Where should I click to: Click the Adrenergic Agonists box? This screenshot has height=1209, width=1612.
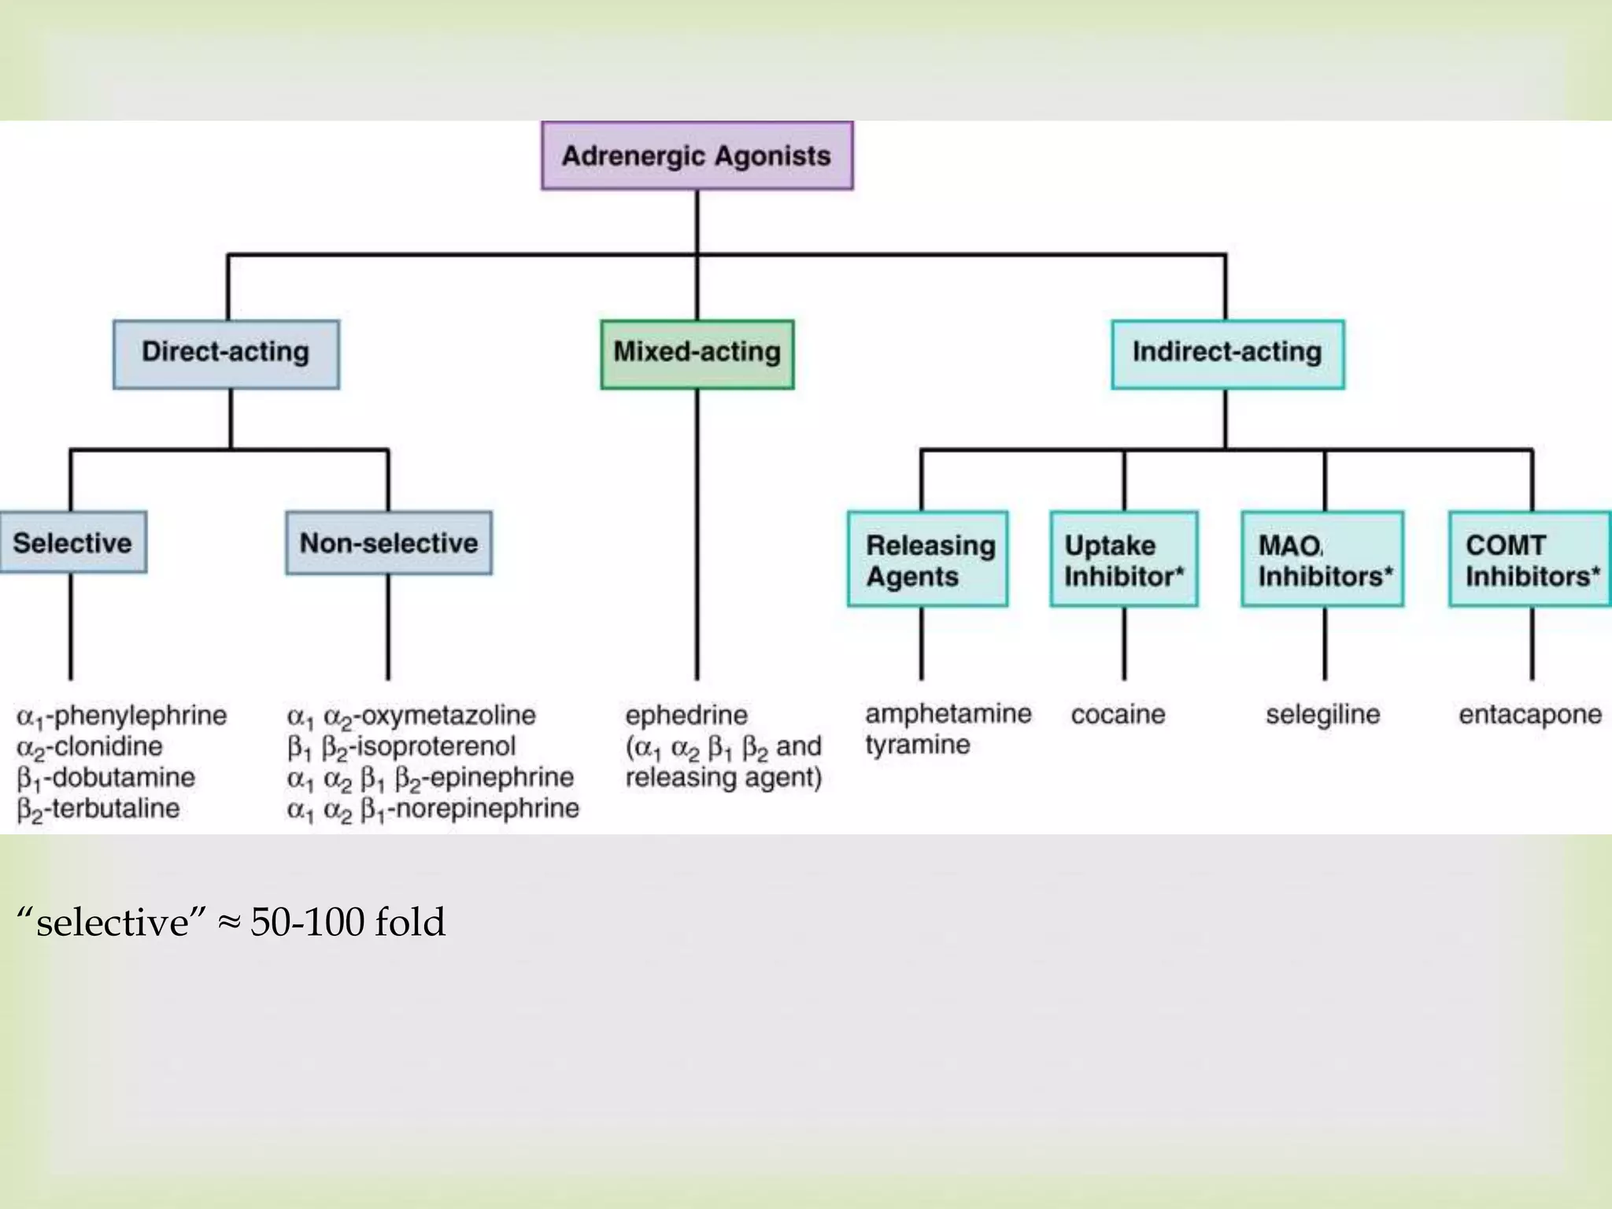(x=697, y=156)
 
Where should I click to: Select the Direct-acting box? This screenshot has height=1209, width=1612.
(x=226, y=354)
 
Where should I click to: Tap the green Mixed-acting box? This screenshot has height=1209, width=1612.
(x=697, y=354)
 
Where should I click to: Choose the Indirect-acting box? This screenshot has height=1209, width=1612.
(x=1227, y=354)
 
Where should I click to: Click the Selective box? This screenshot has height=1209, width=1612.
(x=72, y=543)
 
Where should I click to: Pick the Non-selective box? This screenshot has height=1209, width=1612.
(x=389, y=543)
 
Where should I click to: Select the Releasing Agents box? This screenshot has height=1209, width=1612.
(x=927, y=560)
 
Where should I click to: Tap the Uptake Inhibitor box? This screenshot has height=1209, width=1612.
(x=1124, y=560)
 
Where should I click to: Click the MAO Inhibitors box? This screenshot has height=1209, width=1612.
(x=1322, y=560)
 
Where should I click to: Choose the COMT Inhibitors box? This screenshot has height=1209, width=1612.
(x=1530, y=560)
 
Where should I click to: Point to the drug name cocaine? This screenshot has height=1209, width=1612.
(x=1118, y=715)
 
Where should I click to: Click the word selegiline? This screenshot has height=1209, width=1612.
(x=1322, y=715)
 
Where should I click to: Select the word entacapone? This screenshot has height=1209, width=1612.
(x=1529, y=715)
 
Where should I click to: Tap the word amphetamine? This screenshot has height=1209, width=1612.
(x=948, y=714)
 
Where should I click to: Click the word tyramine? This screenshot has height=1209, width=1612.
(x=918, y=745)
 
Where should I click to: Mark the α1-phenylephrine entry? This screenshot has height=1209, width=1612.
(x=122, y=716)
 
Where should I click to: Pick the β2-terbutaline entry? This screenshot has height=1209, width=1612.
(x=98, y=809)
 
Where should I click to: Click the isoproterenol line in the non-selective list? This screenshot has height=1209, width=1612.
(x=401, y=747)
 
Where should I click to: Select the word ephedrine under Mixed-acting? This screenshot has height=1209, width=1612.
(x=686, y=715)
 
